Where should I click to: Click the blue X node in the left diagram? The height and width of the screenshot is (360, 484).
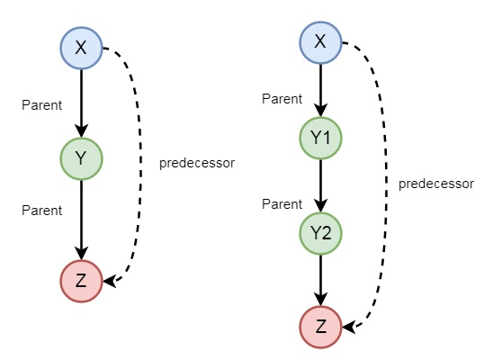click(x=82, y=49)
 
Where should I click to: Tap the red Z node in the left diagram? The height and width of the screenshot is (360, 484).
click(x=82, y=280)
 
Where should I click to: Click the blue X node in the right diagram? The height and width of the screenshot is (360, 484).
click(x=321, y=41)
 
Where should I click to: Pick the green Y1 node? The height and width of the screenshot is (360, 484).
click(x=321, y=139)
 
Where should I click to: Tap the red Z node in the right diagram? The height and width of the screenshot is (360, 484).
click(x=321, y=324)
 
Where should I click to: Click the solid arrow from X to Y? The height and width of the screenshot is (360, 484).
click(x=82, y=104)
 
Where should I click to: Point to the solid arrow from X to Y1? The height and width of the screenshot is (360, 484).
click(x=321, y=90)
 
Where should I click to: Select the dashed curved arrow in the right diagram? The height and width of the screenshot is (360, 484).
click(x=377, y=180)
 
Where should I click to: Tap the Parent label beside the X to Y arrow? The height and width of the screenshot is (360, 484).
click(x=41, y=105)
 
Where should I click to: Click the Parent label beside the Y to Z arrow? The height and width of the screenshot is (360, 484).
click(x=41, y=211)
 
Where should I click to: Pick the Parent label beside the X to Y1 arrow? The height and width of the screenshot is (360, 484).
click(x=282, y=98)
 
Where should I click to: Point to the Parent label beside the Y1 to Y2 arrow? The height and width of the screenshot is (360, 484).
click(x=282, y=204)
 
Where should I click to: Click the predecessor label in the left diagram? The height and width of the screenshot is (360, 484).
click(x=196, y=163)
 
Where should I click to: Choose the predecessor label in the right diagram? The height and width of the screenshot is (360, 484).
click(x=435, y=184)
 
